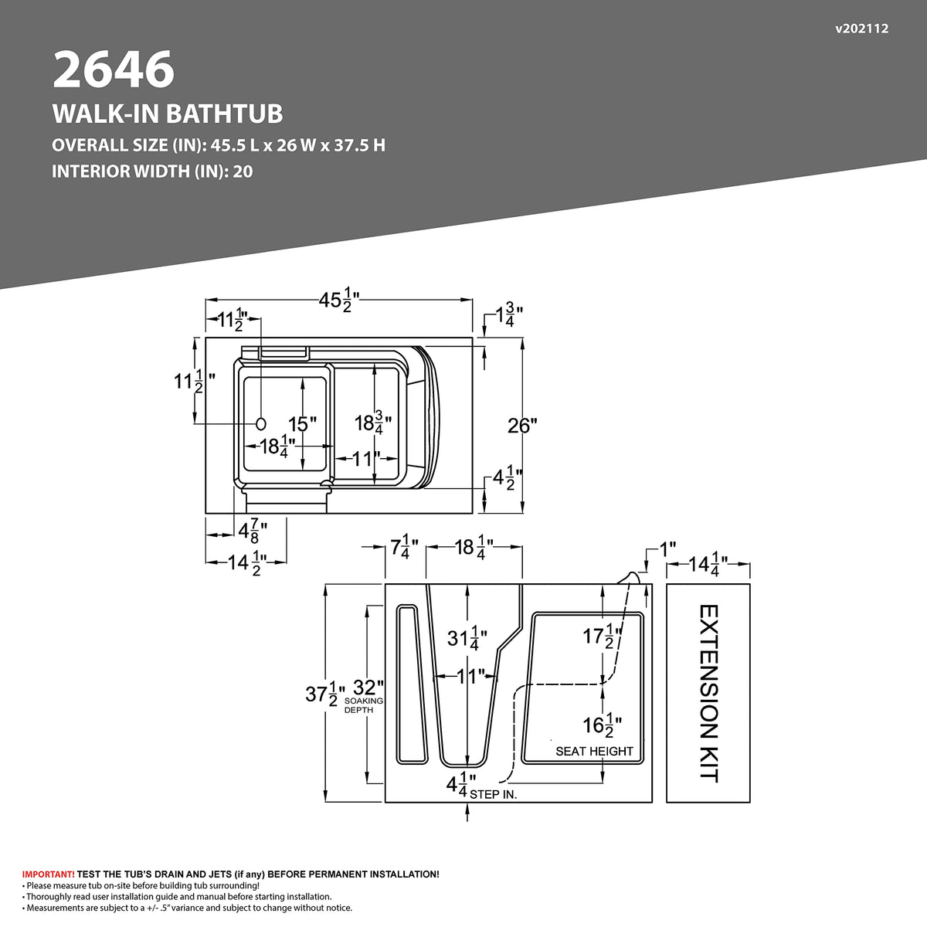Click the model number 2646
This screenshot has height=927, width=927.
[114, 70]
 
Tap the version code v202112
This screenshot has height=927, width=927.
[861, 29]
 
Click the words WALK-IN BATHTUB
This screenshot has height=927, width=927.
[168, 114]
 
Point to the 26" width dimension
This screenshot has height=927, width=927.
[522, 425]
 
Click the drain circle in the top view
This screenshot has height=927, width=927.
[261, 423]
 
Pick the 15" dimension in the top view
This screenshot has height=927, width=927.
[302, 424]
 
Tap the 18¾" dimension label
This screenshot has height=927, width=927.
[373, 423]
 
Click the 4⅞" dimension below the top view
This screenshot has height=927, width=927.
[253, 530]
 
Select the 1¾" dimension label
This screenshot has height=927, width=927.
[509, 315]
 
